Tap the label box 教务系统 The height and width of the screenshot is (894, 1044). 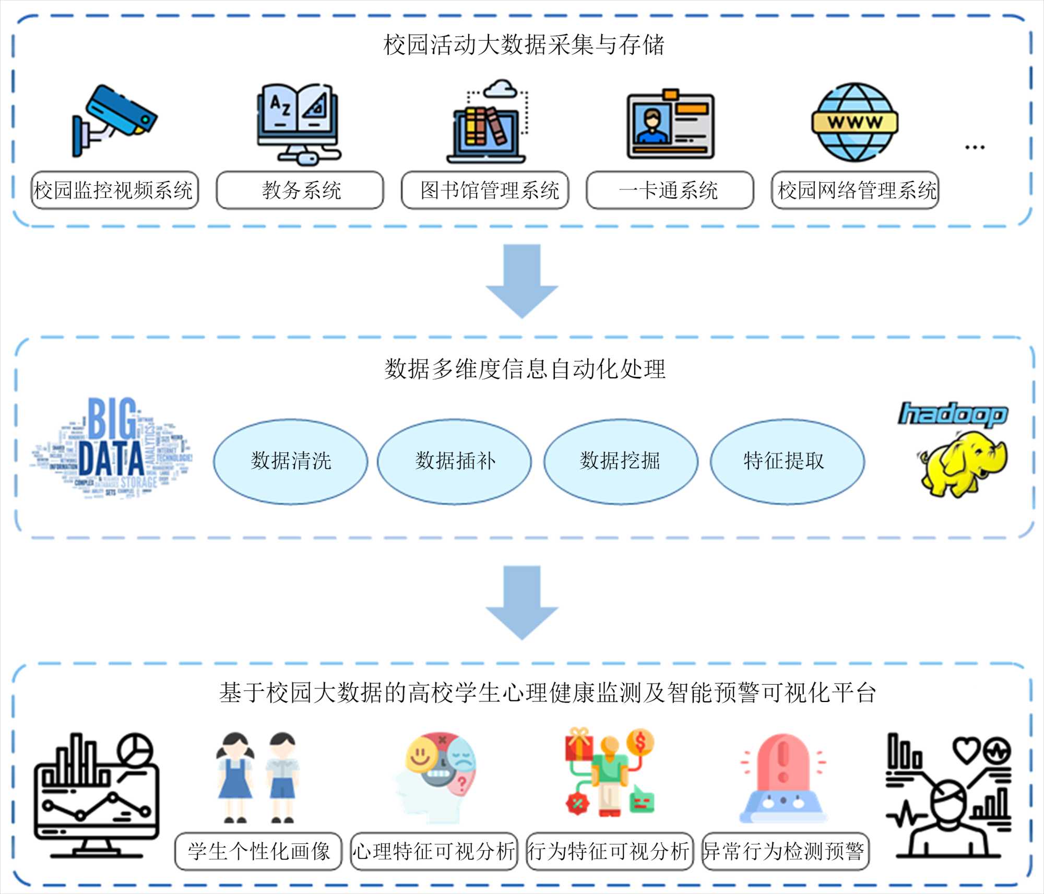[x=300, y=190]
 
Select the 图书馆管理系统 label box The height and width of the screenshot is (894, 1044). [x=485, y=190]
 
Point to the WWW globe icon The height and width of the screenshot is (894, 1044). [x=855, y=122]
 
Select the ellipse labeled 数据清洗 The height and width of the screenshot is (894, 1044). [x=290, y=461]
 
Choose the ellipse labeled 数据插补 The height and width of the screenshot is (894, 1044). [x=454, y=461]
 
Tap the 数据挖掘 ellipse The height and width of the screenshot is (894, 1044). [x=620, y=461]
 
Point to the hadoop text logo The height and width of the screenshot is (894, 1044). [x=952, y=414]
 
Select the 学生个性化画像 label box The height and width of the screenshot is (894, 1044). [x=258, y=851]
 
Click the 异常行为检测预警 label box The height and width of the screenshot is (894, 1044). [x=785, y=851]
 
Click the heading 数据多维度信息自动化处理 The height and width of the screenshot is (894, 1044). [x=525, y=369]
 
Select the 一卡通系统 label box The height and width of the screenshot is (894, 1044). [x=670, y=190]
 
